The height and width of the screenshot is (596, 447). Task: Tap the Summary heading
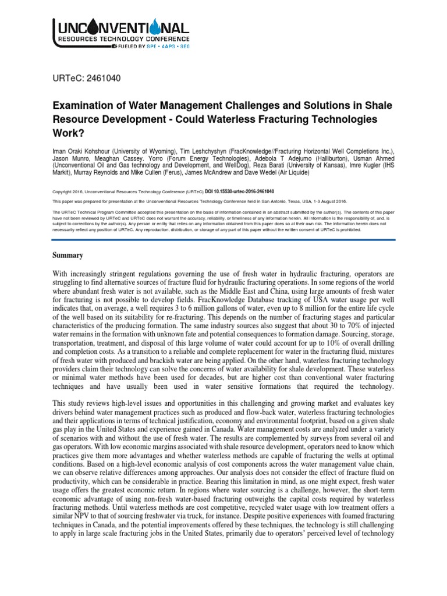tap(68, 256)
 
